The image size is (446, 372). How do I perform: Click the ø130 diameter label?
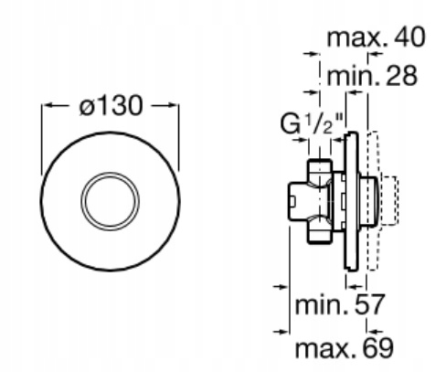(111, 105)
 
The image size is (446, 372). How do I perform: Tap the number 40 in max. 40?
(409, 37)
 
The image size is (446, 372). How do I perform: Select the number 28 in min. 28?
(401, 76)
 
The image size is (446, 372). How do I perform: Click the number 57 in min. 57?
(369, 304)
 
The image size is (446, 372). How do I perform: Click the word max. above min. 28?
(357, 38)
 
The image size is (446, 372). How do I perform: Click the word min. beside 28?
(353, 76)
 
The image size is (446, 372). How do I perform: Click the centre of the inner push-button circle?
(110, 201)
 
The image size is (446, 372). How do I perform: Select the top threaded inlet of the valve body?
(319, 171)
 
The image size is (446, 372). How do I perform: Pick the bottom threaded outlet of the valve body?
(319, 230)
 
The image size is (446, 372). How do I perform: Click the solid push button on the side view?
(368, 201)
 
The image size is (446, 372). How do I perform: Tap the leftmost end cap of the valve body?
(297, 201)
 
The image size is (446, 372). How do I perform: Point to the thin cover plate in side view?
(351, 201)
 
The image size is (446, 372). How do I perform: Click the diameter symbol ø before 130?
(86, 107)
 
